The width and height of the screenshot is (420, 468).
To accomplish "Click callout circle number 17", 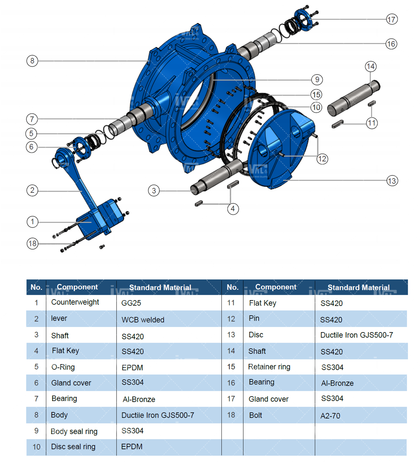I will [x=391, y=19].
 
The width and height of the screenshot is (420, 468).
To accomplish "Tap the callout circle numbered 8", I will [x=32, y=61].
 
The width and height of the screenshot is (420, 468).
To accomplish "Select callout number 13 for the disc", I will [x=392, y=181].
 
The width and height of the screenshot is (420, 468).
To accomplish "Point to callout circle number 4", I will [x=233, y=209].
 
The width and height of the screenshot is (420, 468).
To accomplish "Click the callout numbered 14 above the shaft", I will [x=371, y=66].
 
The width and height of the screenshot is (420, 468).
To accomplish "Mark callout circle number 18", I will [x=33, y=244].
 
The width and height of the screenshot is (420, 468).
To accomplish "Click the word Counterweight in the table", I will [x=75, y=302].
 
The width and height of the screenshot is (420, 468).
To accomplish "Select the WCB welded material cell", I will [x=143, y=320].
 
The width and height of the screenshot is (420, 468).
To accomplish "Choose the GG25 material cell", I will [x=131, y=303].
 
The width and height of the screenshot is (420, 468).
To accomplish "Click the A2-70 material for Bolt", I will [x=330, y=416].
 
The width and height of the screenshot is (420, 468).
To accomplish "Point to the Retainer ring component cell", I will [x=269, y=367].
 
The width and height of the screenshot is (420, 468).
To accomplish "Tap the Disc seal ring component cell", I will [x=73, y=447].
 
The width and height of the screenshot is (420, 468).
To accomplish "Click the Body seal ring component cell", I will [x=74, y=431].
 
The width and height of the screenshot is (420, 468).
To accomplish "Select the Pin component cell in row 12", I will [x=254, y=318].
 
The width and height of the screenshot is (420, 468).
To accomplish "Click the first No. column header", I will [x=36, y=287].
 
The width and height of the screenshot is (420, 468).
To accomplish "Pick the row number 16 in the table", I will [x=231, y=383].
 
